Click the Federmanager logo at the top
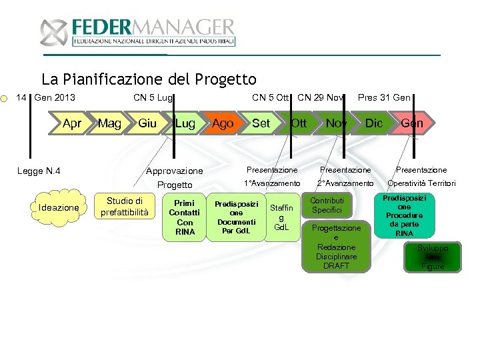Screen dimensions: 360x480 (x=137, y=32)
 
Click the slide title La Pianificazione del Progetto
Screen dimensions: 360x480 (x=149, y=80)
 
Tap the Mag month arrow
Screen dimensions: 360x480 (x=109, y=123)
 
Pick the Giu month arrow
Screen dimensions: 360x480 (x=147, y=123)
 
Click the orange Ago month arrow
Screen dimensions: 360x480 (x=223, y=123)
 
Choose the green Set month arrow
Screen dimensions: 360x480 (x=261, y=123)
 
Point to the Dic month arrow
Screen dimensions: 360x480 (x=374, y=123)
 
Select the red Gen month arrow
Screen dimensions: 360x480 (x=412, y=123)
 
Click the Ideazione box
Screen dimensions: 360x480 (x=59, y=208)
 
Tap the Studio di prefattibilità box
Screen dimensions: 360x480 (x=125, y=206)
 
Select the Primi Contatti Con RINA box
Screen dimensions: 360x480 (x=184, y=217)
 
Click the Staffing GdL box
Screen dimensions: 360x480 (x=281, y=217)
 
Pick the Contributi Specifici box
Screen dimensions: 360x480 (x=327, y=205)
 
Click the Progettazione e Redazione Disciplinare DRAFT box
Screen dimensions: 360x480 (x=336, y=247)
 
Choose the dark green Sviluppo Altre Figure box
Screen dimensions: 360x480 (x=433, y=257)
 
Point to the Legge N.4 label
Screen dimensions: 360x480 (x=39, y=171)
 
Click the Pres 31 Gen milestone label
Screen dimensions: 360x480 (x=384, y=98)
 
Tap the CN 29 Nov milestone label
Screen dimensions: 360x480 (x=321, y=98)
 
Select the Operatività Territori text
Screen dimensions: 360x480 (x=422, y=183)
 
